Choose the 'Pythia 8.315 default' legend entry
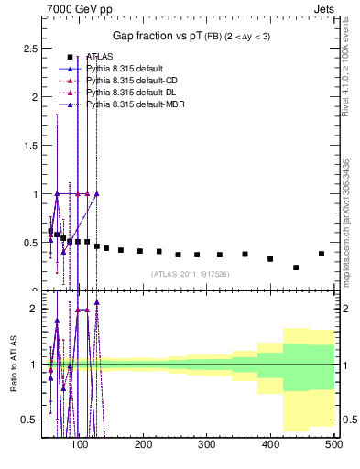123,69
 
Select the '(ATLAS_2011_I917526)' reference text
190,274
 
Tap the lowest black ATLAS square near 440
296,267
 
